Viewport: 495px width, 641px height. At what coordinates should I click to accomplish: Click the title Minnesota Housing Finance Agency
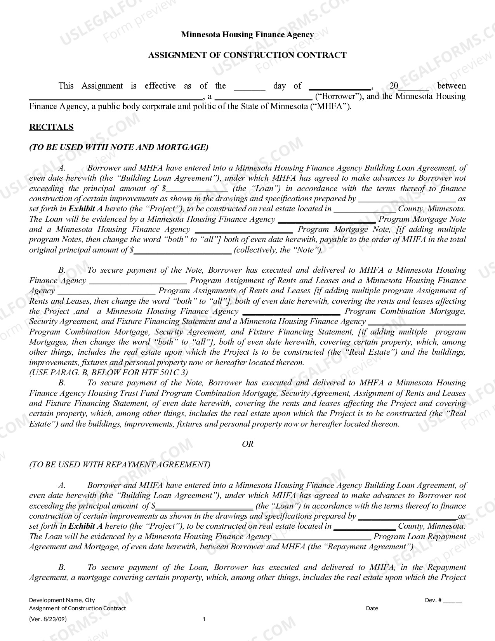247,35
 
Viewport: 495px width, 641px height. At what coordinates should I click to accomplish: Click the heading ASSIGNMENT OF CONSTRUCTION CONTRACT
247,55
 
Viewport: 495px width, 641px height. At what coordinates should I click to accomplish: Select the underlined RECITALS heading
51,127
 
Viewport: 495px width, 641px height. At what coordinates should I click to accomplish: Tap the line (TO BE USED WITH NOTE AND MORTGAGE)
119,147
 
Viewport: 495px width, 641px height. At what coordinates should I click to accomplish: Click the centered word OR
247,444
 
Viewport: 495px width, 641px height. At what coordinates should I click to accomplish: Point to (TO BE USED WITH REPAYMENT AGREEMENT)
120,465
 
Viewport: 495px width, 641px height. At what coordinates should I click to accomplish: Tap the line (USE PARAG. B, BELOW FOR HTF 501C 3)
108,373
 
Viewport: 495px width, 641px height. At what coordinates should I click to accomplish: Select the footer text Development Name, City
62,600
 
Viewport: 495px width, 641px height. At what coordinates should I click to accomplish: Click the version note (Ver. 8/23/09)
48,619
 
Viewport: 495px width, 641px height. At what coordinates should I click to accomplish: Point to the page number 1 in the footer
204,619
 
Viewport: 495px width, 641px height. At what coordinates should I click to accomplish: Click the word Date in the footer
372,608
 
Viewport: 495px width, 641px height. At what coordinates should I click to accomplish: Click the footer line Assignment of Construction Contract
78,608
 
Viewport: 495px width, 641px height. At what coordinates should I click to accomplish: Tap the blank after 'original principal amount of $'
182,250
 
